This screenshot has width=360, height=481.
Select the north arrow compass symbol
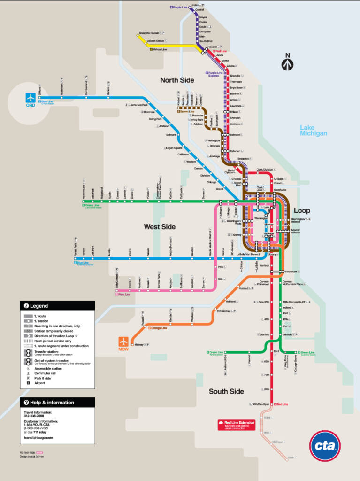coord(287,62)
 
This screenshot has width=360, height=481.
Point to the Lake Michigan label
coord(313,131)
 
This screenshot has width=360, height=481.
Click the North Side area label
coord(177,80)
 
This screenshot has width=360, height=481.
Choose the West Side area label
coord(160,227)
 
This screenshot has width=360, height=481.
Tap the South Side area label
coord(226,391)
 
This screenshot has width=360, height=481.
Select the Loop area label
coord(302,210)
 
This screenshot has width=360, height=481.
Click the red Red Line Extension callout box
coord(236,425)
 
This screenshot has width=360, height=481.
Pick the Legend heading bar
coord(57,306)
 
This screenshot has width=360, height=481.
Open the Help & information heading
coord(57,403)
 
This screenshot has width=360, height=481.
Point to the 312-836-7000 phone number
coord(34,416)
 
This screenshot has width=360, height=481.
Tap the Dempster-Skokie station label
coord(149,33)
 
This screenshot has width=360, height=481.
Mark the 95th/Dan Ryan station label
coord(260,404)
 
